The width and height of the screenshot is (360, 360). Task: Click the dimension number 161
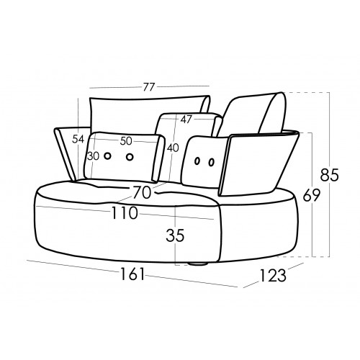(132, 274)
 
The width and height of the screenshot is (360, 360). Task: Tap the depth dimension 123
(273, 275)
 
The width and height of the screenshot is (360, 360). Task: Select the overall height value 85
(330, 174)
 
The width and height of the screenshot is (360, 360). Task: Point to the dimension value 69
(311, 195)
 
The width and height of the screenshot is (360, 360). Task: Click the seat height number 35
(175, 235)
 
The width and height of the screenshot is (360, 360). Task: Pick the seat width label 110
(125, 213)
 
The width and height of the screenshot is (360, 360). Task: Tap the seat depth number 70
(143, 193)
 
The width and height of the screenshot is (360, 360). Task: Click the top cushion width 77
(149, 87)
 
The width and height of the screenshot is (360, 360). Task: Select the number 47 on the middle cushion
(186, 120)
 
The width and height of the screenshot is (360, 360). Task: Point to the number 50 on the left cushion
(126, 141)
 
